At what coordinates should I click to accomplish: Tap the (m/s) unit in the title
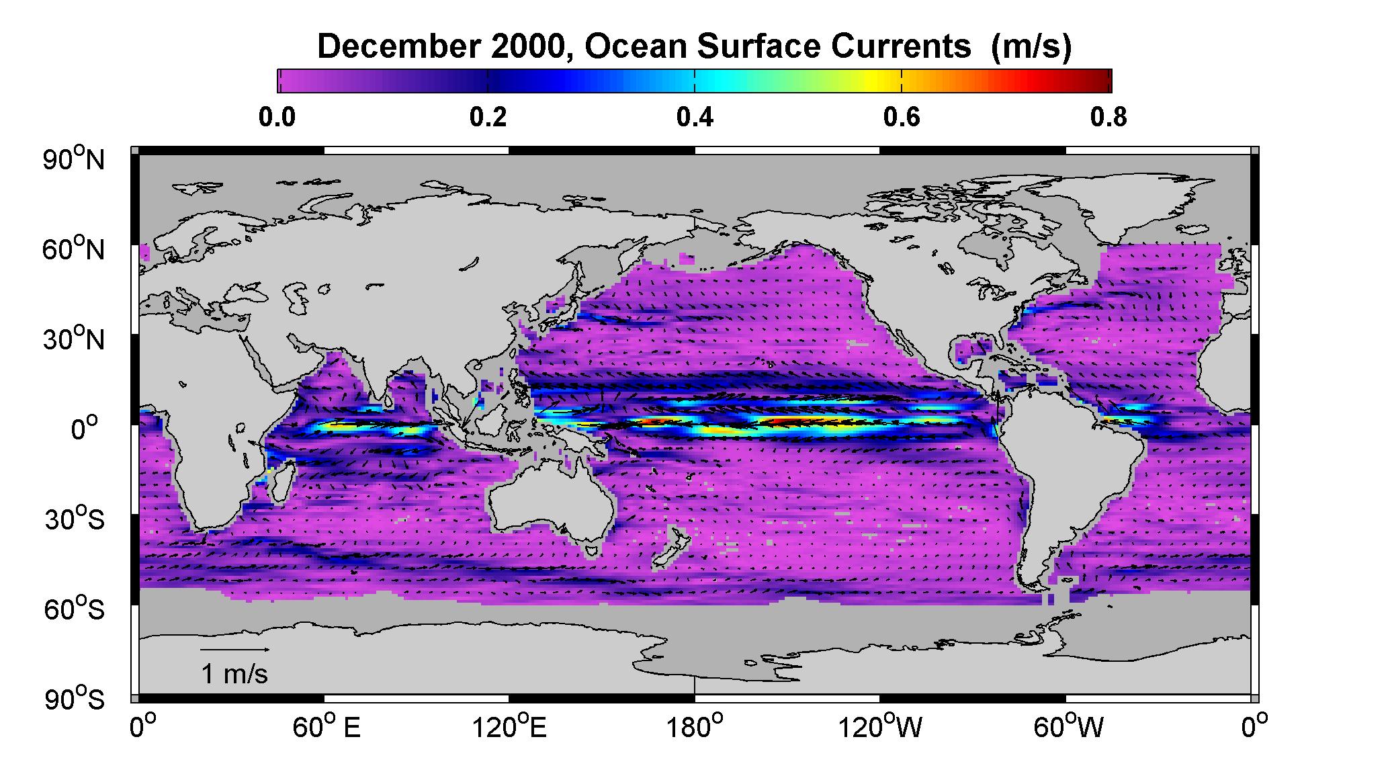(1031, 48)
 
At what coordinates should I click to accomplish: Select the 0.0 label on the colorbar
(277, 117)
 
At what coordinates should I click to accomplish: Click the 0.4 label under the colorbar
(694, 117)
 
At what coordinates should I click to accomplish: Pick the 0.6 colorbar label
(901, 117)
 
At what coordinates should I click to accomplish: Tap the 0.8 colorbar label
(1109, 117)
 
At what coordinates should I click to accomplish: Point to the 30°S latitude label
(75, 519)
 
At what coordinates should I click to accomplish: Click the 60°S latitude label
(75, 609)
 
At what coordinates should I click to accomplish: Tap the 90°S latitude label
(75, 699)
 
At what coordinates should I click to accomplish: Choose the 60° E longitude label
(327, 728)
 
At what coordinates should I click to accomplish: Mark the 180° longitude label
(695, 728)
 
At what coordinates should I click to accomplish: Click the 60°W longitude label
(1068, 728)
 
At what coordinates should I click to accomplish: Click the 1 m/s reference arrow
(236, 650)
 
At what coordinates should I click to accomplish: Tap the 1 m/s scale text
(234, 674)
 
